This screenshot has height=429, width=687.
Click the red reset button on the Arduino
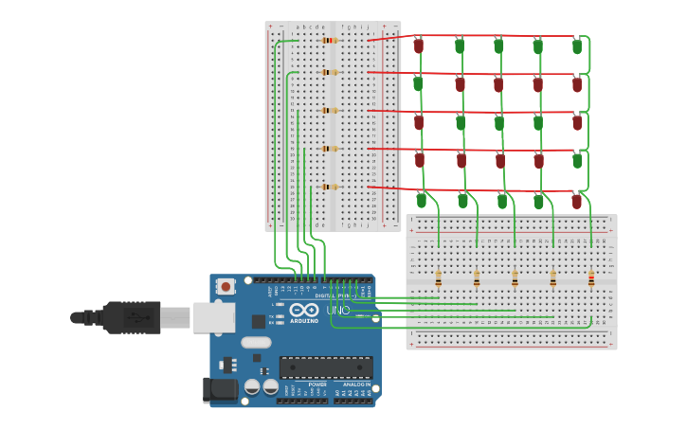[x=226, y=286]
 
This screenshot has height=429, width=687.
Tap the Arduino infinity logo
[x=304, y=311]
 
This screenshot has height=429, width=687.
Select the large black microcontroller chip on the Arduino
[x=325, y=367]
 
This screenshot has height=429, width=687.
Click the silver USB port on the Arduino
[x=214, y=317]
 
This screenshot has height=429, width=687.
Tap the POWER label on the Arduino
[x=316, y=384]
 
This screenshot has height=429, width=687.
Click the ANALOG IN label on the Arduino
[x=356, y=384]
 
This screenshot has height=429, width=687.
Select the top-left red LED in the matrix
[x=419, y=45]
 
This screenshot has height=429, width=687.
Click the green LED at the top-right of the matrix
[x=577, y=45]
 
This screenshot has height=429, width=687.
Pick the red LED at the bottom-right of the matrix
[x=576, y=201]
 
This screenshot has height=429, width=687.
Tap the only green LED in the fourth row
[x=577, y=161]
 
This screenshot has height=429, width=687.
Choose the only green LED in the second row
[x=418, y=84]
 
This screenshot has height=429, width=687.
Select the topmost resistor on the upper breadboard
[x=330, y=40]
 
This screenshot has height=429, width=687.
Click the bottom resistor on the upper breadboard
[x=330, y=187]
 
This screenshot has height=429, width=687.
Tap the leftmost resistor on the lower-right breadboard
[x=438, y=278]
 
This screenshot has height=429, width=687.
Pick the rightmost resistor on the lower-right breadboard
[x=591, y=278]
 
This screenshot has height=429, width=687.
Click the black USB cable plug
[x=134, y=317]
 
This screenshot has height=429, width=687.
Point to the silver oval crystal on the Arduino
[x=256, y=343]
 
